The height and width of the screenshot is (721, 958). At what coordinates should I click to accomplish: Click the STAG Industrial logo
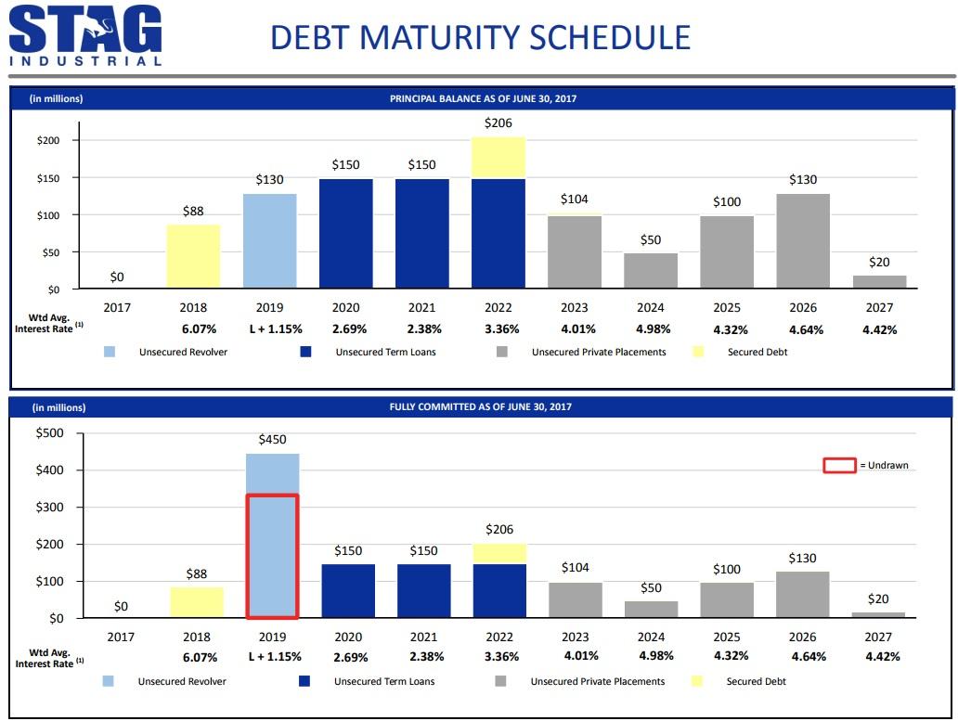point(85,35)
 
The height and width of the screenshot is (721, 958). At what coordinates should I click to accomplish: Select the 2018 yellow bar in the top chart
point(194,256)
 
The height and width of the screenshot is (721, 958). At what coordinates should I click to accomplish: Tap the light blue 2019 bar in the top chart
point(270,241)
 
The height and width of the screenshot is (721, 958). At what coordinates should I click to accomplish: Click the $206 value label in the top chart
point(498,122)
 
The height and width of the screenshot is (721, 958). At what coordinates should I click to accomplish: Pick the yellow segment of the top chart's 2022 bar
point(498,158)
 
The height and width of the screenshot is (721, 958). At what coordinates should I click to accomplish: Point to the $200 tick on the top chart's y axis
point(49,140)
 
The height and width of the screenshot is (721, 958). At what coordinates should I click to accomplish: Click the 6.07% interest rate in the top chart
point(200,329)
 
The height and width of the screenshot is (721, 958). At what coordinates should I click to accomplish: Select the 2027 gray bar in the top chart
point(879,281)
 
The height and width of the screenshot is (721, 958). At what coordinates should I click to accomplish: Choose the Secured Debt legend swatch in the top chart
point(698,352)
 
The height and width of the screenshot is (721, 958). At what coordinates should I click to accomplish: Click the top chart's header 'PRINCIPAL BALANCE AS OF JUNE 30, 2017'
point(483,98)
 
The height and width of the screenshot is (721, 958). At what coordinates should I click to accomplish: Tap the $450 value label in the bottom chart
point(272,439)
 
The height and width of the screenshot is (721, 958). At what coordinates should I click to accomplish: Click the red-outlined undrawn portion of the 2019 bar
point(272,556)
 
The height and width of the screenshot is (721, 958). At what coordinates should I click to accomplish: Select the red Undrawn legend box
point(839,465)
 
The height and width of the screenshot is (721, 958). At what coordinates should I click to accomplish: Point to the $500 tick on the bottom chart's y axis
point(49,433)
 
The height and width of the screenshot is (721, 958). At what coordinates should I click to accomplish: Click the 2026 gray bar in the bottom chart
point(803,595)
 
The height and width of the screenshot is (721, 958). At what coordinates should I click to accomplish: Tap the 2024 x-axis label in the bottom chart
point(651,637)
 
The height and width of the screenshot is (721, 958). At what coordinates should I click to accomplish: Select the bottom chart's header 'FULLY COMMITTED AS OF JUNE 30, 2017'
point(481,406)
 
